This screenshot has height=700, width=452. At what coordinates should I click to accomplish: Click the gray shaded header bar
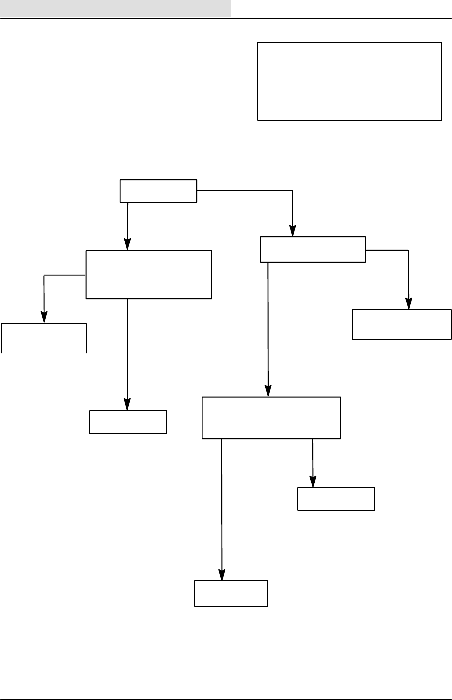point(116,9)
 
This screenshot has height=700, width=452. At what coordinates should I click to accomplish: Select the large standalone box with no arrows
point(349,81)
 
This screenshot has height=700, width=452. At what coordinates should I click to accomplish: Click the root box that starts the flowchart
point(158,191)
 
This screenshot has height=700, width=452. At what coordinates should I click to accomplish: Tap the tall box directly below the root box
point(149,274)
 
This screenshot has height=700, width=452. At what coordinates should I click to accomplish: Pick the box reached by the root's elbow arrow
point(312,249)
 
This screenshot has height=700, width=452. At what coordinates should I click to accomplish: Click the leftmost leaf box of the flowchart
point(44,338)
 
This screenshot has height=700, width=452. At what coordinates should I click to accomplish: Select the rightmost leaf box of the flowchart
point(402,325)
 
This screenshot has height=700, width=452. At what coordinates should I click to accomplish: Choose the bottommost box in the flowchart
point(231,593)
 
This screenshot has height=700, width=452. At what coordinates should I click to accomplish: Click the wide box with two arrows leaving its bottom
point(271,418)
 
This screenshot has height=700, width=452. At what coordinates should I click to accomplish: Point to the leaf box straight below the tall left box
point(128,422)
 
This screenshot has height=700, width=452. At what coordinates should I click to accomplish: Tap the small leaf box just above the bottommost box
point(336,499)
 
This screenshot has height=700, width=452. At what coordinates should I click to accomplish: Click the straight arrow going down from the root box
point(127,226)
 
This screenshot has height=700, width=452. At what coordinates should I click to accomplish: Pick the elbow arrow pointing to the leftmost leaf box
point(44,293)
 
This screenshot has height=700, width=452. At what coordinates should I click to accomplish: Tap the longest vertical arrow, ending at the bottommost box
point(222,509)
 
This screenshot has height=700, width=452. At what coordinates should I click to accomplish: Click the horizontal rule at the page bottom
point(226,699)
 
